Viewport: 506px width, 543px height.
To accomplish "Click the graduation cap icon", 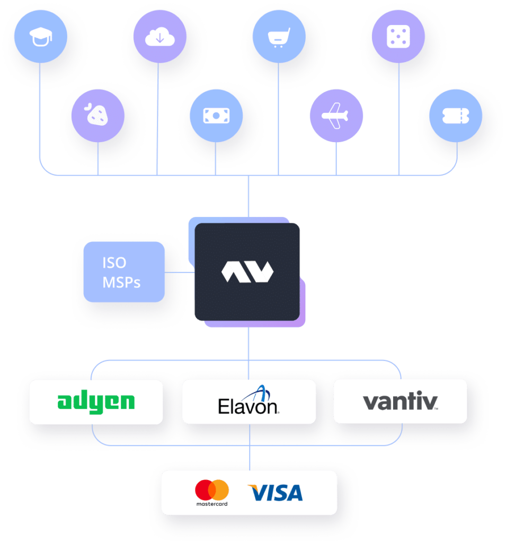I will (40, 37).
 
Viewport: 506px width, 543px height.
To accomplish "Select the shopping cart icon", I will (278, 37).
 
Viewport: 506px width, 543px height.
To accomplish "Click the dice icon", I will (398, 37).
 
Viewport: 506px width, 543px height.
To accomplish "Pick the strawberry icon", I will (98, 115).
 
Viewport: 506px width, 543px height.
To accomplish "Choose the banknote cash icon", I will (216, 115).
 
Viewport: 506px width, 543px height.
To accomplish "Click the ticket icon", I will (456, 115).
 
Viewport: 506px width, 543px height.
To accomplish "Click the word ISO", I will (114, 263).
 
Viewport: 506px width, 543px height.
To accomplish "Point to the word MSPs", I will (121, 282).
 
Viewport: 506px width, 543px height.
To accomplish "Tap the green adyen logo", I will (96, 402).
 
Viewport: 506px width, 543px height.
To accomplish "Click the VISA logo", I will (275, 493).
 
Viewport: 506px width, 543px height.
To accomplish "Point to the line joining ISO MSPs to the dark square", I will (180, 273).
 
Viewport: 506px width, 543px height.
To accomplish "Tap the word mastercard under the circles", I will (211, 503).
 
